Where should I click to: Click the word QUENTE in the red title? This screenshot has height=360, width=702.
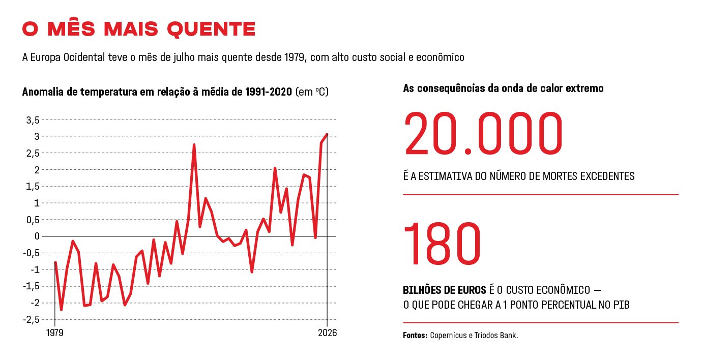(x=211, y=29)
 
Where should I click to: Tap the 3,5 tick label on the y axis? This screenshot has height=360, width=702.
(x=33, y=120)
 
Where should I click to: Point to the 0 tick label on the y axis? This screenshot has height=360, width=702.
(x=37, y=236)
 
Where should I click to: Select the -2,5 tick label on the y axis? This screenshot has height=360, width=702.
(x=32, y=320)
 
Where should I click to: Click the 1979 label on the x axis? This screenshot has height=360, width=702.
(x=54, y=333)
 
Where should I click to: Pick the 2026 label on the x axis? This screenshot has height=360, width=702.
(x=328, y=333)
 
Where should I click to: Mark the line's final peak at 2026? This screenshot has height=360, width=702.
(x=327, y=134)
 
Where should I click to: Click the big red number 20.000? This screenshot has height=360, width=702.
(x=483, y=134)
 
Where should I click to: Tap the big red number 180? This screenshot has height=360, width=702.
(x=442, y=244)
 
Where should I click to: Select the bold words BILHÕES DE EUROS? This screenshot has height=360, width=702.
(x=445, y=290)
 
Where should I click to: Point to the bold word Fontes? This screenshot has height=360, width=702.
(x=415, y=335)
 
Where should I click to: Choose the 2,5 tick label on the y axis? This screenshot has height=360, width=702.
(x=33, y=153)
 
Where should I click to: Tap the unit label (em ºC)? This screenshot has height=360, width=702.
(x=312, y=92)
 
